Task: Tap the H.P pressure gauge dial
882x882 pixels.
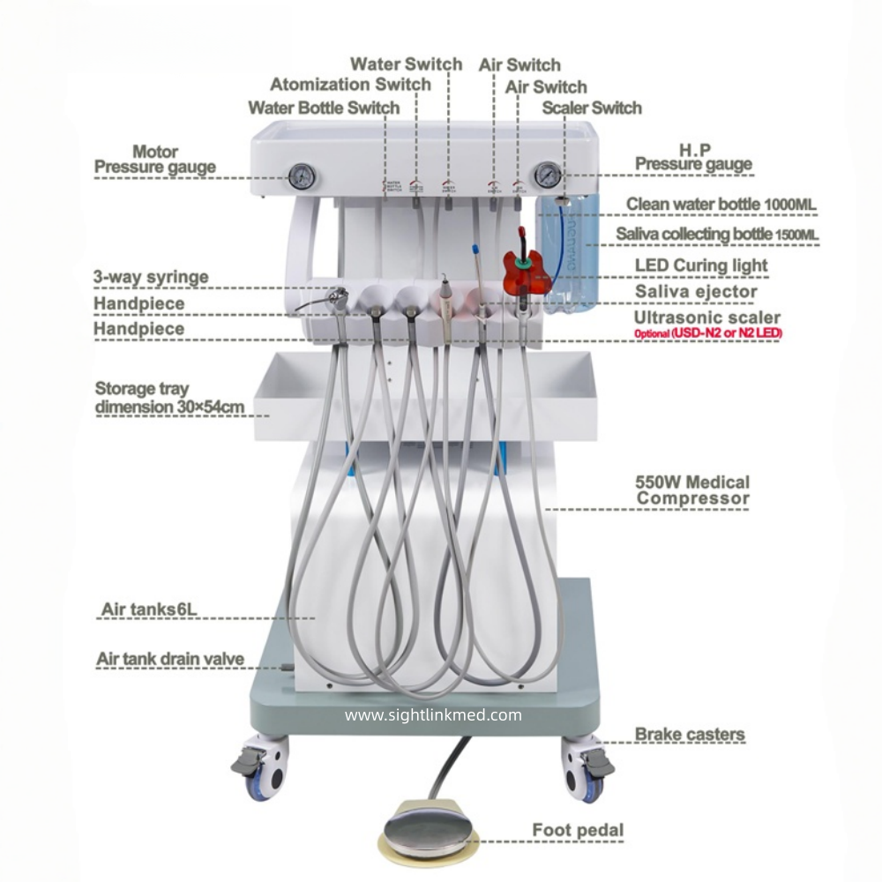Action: pyautogui.click(x=547, y=173)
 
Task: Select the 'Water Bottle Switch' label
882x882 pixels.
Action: pyautogui.click(x=324, y=108)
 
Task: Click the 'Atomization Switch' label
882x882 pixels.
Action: pyautogui.click(x=350, y=85)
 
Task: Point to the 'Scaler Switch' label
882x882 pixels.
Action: pyautogui.click(x=592, y=108)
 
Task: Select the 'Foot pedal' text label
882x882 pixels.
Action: pyautogui.click(x=578, y=830)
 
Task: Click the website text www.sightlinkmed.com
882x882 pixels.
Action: pyautogui.click(x=433, y=715)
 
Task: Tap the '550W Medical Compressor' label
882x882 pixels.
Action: pyautogui.click(x=692, y=490)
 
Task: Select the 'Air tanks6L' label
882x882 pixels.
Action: pyautogui.click(x=148, y=609)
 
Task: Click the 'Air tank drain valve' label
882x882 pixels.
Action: pyautogui.click(x=169, y=659)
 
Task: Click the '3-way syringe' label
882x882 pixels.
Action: pyautogui.click(x=151, y=277)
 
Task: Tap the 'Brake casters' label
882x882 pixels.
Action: pyautogui.click(x=690, y=734)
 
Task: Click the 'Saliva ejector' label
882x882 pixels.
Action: pyautogui.click(x=696, y=291)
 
